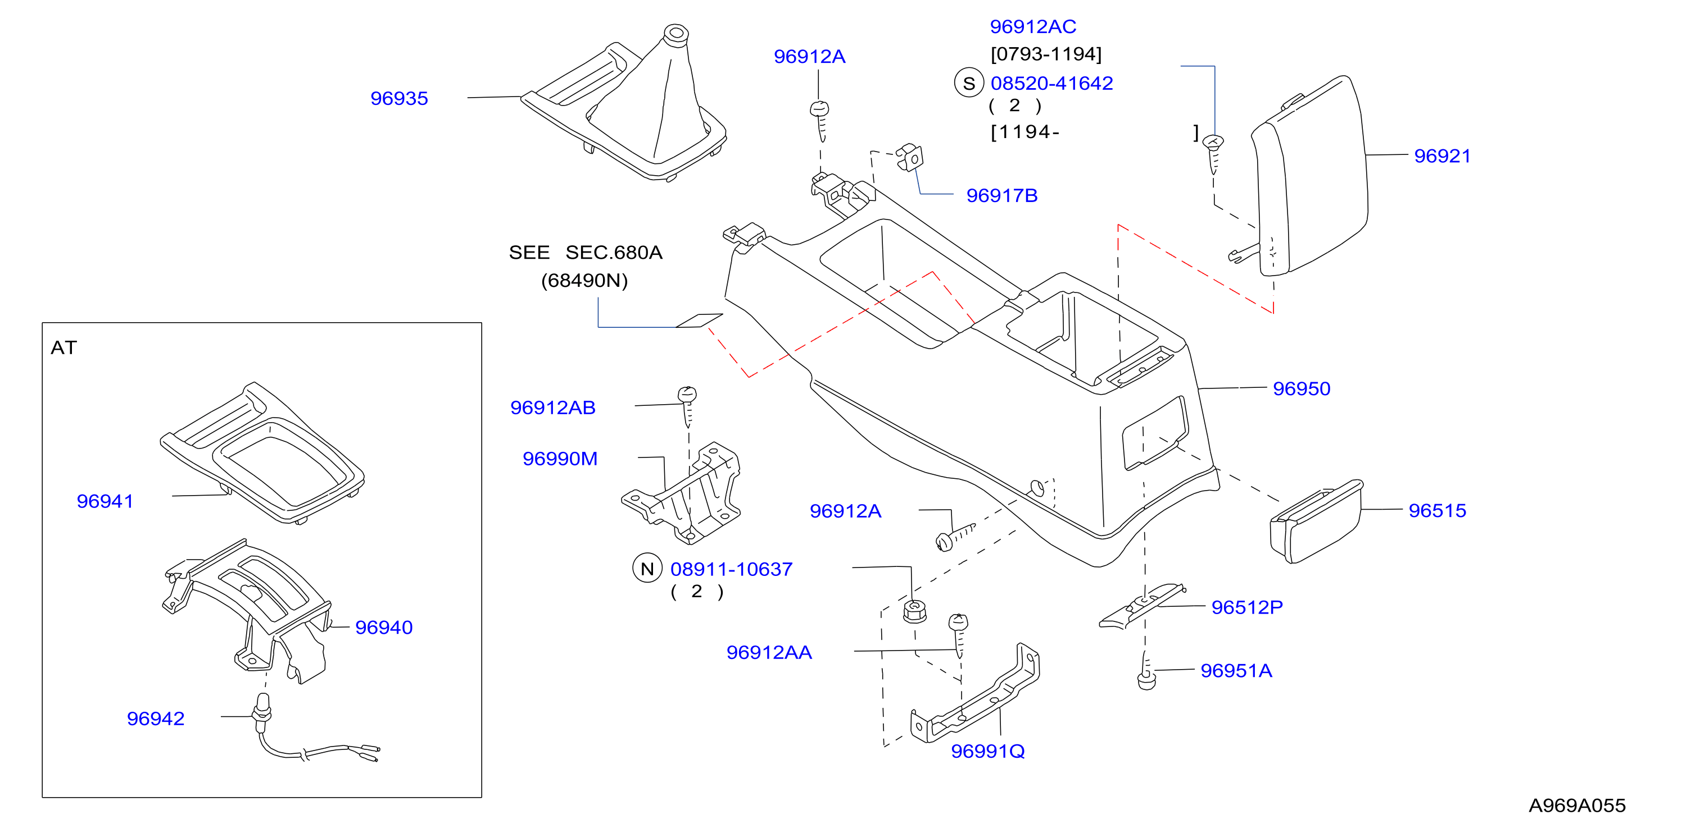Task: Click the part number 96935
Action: (398, 98)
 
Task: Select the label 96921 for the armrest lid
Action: (1441, 156)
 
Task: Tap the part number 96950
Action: (1301, 389)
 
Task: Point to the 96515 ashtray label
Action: (1437, 510)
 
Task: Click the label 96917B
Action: (1002, 195)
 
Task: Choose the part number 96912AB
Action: (553, 408)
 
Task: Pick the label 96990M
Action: (560, 459)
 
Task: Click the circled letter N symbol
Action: (647, 569)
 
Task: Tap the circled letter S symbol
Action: (969, 83)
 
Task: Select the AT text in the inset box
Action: (64, 347)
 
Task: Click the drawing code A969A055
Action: (1577, 805)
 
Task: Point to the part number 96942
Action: (155, 719)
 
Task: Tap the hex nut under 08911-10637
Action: (914, 611)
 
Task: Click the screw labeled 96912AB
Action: (687, 406)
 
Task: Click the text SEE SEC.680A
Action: (586, 253)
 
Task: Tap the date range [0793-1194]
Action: (1046, 54)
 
